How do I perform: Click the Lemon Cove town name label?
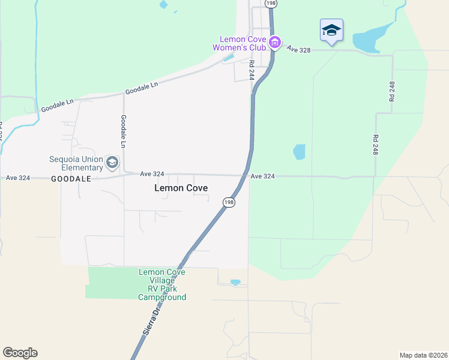[x=181, y=188]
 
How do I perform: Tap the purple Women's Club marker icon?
[x=275, y=42]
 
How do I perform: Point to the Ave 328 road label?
[x=298, y=49]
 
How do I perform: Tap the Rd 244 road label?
[x=252, y=70]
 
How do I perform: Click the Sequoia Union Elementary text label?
[x=76, y=163]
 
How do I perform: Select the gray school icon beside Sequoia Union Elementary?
[x=112, y=163]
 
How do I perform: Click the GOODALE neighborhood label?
[x=71, y=179]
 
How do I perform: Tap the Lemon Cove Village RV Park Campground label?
[x=162, y=284]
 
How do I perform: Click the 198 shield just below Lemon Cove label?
[x=229, y=202]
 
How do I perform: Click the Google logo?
[x=20, y=353]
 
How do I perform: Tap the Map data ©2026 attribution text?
[x=423, y=355]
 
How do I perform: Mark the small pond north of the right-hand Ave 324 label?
[x=299, y=152]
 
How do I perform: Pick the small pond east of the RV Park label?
[x=235, y=282]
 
